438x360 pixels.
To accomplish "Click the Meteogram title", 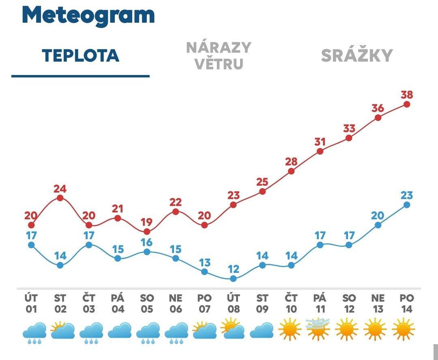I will (88, 15).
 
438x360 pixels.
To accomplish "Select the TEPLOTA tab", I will (80, 56).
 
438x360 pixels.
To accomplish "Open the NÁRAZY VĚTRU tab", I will (219, 56).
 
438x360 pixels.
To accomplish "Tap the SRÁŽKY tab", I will (357, 56).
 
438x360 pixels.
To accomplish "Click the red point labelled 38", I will (407, 104).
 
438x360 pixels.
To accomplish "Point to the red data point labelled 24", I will (60, 198).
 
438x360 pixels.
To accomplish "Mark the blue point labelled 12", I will (233, 279).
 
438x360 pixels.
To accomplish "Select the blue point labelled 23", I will (407, 205).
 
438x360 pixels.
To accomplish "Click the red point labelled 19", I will (147, 231).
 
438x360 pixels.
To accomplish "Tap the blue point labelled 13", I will (204, 272).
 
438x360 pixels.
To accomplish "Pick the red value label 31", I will (320, 142).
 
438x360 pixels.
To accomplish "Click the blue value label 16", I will (147, 242).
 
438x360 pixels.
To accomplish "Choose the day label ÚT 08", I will (233, 304).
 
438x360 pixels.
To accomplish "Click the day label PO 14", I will (407, 304).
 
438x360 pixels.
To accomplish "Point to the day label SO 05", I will (147, 304).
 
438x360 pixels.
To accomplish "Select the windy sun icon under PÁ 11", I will (318, 329).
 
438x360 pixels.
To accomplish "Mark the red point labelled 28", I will (291, 171).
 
